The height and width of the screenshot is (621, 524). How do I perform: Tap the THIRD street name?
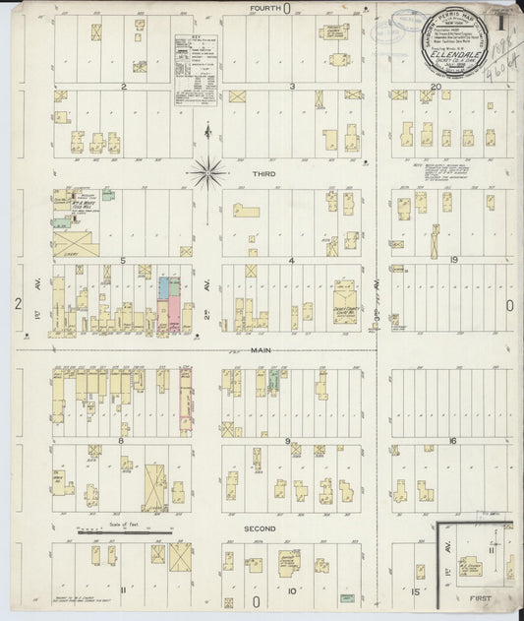[x=262, y=173]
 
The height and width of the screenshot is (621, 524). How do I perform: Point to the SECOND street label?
[x=260, y=528]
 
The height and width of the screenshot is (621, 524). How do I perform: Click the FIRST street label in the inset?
[x=482, y=596]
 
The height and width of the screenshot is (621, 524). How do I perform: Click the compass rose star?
[x=207, y=173]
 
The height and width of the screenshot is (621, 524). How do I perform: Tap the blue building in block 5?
[x=164, y=288]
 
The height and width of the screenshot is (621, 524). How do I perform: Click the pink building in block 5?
[x=174, y=314]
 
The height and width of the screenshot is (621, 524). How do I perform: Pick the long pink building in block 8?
[x=186, y=404]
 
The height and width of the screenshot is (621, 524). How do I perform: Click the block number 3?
[x=292, y=87]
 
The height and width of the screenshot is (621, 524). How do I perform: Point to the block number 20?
[x=435, y=87]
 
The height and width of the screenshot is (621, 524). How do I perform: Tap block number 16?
[x=453, y=441]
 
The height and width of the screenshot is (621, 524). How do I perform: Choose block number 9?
[x=287, y=441]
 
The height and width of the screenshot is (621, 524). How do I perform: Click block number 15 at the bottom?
[x=415, y=591]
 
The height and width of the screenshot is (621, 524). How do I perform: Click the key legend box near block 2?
[x=196, y=67]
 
